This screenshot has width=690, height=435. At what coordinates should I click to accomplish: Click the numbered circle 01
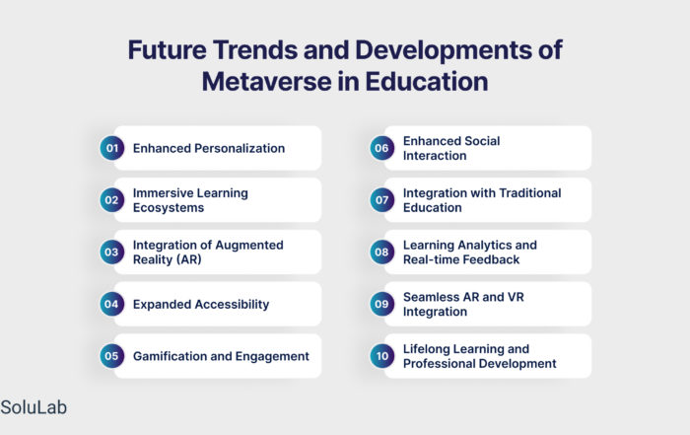click(x=111, y=148)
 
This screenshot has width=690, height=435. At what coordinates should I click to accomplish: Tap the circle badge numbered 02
click(x=111, y=200)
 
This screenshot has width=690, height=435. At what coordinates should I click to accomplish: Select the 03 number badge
click(x=111, y=252)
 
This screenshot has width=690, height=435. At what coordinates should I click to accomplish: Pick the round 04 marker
click(x=111, y=304)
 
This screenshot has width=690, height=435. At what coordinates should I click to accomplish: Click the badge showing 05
click(x=111, y=356)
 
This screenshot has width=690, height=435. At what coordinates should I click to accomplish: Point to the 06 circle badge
click(x=382, y=148)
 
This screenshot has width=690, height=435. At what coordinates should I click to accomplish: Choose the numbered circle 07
click(x=382, y=200)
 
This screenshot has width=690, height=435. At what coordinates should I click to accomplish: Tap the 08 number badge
click(x=382, y=252)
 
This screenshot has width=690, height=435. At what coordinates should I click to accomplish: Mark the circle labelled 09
click(x=382, y=304)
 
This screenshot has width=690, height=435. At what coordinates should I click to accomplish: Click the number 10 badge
click(x=382, y=356)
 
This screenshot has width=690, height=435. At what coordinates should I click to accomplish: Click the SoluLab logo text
click(x=34, y=407)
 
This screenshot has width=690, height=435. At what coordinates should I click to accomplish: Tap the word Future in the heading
click(x=167, y=49)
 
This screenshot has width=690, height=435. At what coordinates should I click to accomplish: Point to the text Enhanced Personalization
click(x=209, y=148)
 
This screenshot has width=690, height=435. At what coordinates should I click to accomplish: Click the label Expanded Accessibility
click(x=201, y=304)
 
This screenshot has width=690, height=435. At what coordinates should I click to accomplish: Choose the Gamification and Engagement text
click(x=221, y=356)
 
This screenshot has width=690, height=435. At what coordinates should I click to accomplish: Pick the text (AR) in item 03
click(x=189, y=259)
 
